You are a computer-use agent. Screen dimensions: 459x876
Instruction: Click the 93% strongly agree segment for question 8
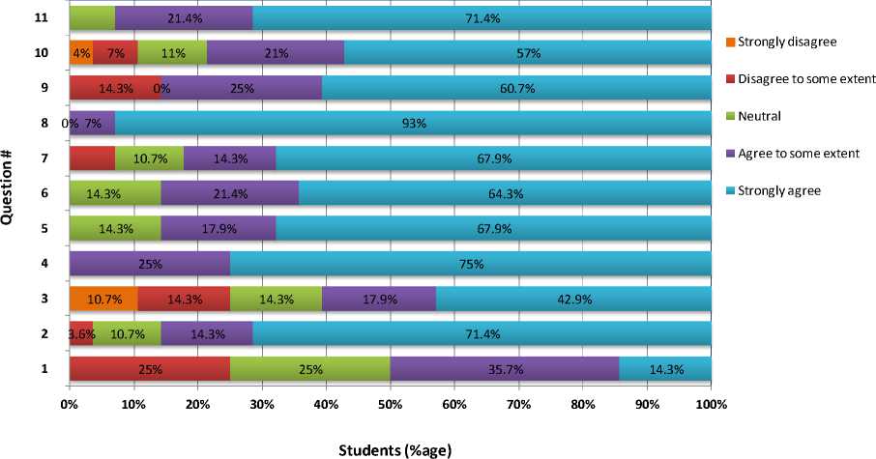pos(413,123)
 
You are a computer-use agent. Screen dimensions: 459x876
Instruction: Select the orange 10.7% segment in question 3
pos(102,299)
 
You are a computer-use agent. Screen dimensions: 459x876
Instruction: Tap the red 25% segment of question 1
pos(149,369)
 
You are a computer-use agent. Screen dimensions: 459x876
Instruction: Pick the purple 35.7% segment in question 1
pos(504,369)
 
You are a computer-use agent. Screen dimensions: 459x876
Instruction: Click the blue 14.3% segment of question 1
pos(664,369)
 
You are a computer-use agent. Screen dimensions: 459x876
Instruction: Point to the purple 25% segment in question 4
pos(149,263)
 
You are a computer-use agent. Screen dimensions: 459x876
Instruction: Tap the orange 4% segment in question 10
pos(80,52)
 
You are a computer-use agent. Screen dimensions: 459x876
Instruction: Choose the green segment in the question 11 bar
pos(92,17)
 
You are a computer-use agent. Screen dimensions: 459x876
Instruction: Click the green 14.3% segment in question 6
pos(115,193)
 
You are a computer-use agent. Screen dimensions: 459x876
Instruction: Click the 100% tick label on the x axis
pos(711,404)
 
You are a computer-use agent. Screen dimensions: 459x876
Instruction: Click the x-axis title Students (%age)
pos(394,448)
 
